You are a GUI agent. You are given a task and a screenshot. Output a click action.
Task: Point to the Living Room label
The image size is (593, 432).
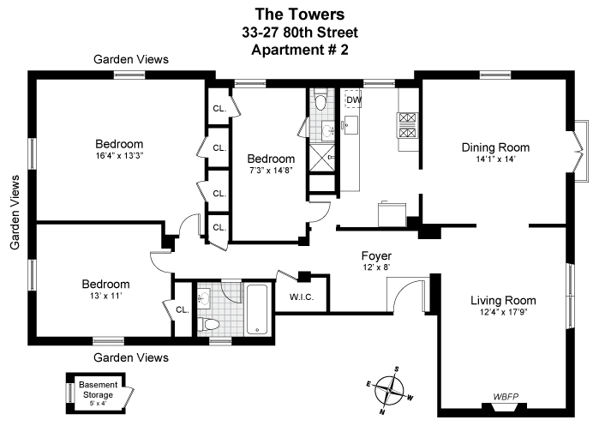point(503,300)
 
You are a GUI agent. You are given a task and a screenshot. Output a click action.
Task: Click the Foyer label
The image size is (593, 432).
point(376,255)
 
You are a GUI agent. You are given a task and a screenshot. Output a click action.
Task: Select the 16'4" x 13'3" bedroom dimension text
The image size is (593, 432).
point(118,156)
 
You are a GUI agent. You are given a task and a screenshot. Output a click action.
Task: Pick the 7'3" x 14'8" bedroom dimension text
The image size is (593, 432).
point(271,171)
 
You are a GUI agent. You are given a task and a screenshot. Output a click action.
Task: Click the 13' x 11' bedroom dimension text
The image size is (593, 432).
point(105,297)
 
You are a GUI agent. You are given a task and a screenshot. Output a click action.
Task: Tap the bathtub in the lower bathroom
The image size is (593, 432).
point(257,310)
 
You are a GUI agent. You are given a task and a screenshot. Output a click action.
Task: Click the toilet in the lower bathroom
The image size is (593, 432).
point(208,323)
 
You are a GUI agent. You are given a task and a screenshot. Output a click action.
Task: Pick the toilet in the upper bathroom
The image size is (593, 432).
point(320,103)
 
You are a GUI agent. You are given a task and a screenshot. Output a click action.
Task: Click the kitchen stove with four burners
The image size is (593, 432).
point(406,125)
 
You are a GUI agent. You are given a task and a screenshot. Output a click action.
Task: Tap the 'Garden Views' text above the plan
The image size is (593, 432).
point(131,59)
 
